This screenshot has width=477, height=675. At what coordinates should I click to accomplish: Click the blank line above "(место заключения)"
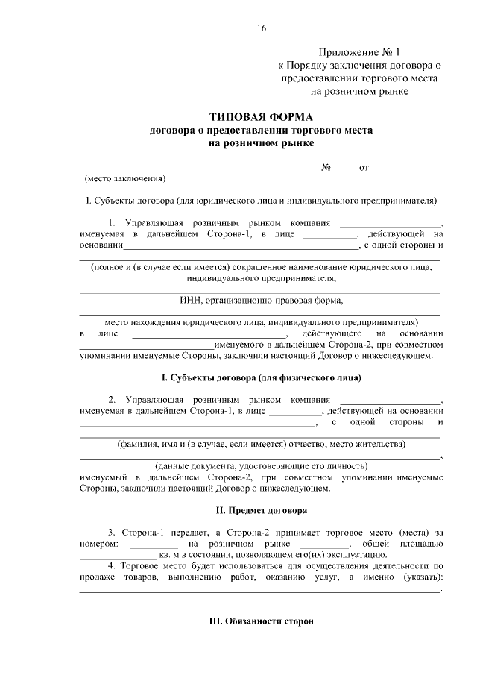(134, 172)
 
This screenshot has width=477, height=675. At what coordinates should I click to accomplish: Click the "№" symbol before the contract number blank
(326, 168)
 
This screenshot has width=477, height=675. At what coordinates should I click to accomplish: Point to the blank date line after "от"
(404, 171)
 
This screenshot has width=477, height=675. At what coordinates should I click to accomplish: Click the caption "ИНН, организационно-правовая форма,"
(261, 301)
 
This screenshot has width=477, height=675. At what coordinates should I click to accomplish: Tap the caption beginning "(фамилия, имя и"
(261, 445)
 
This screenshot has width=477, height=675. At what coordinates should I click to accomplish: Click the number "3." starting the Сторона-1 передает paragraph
(112, 533)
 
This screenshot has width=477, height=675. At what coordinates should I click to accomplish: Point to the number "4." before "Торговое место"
(112, 566)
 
